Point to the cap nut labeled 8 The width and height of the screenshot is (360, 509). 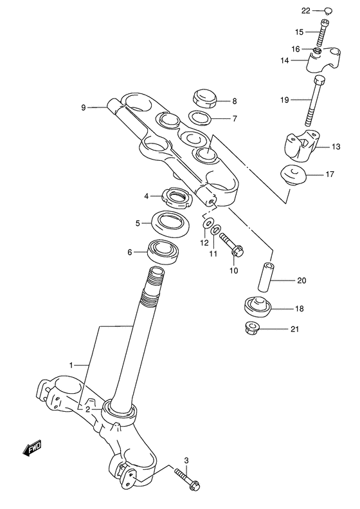204,100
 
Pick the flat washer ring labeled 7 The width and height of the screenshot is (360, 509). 201,118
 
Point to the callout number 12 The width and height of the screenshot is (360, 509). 204,243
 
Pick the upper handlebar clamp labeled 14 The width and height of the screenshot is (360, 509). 321,61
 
